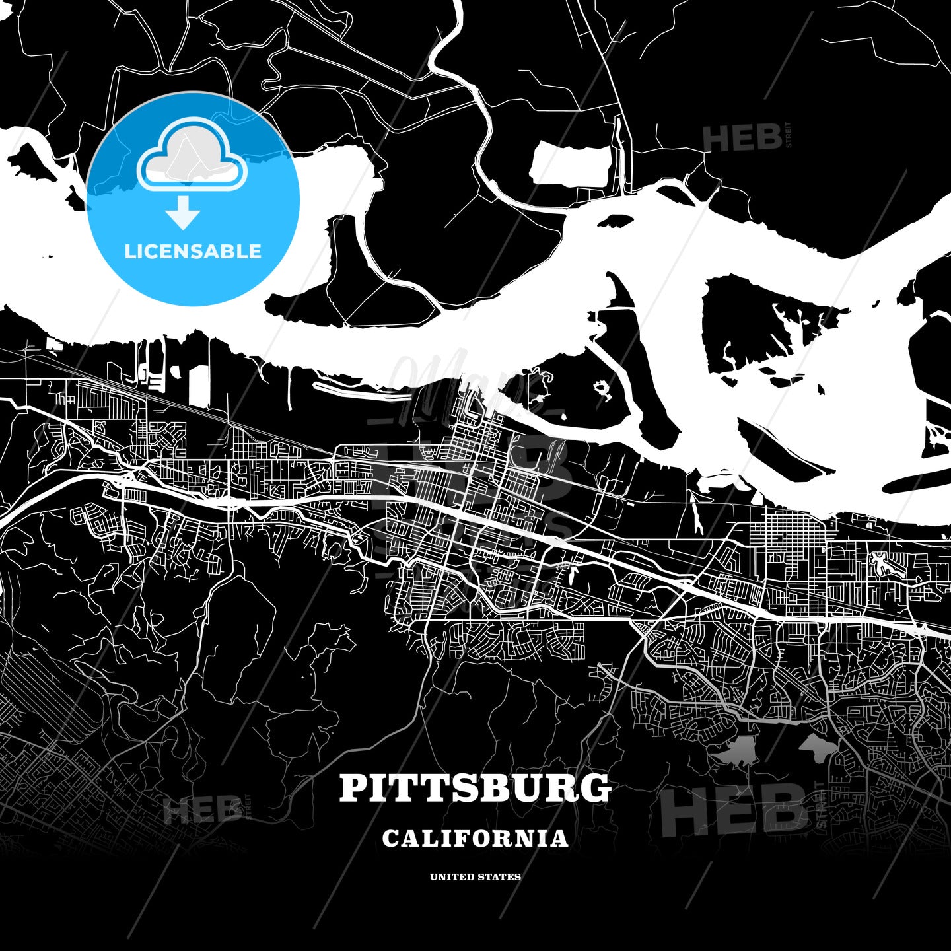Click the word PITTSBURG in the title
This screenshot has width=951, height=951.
coord(475,788)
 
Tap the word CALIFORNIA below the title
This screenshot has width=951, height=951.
coord(475,838)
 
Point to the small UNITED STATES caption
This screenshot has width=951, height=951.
coord(475,877)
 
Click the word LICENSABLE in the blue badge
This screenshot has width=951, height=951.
coord(193,251)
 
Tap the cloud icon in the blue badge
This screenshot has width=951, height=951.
coord(192,156)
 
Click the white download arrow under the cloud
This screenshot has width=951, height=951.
coord(183,213)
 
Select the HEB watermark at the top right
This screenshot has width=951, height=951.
coord(743,138)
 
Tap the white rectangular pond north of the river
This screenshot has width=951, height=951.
coord(571,164)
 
